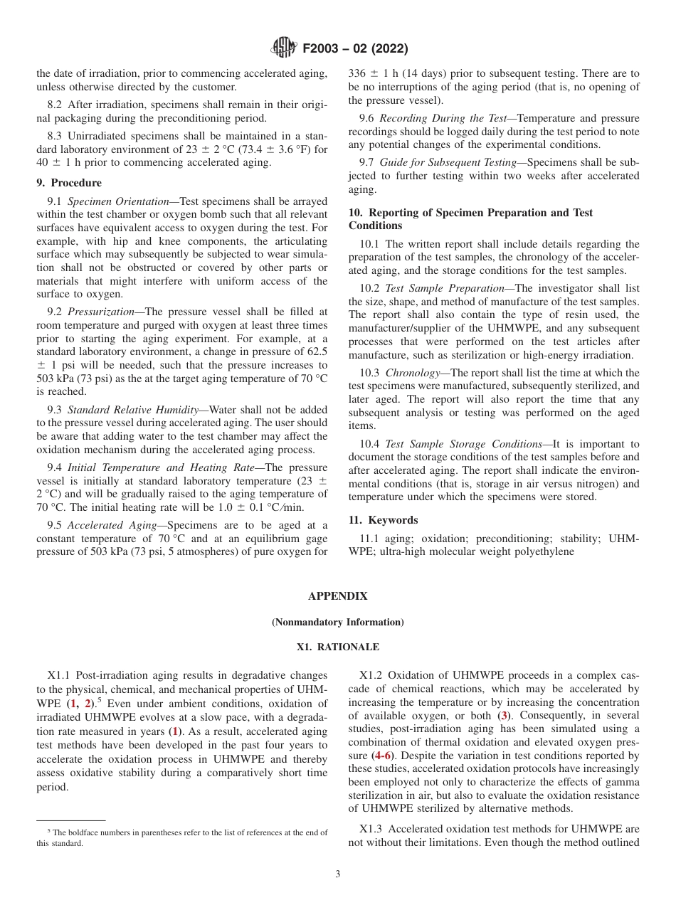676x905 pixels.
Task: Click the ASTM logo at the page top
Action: click(x=284, y=48)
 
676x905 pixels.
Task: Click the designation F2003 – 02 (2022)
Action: click(x=354, y=49)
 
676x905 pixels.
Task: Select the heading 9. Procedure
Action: click(x=69, y=183)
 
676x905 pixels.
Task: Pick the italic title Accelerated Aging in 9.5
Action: click(x=112, y=525)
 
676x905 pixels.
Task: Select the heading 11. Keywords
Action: click(x=383, y=520)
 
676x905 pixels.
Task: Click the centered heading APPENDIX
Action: click(x=337, y=596)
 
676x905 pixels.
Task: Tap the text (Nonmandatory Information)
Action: click(x=337, y=623)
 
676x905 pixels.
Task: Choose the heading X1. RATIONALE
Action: click(x=337, y=647)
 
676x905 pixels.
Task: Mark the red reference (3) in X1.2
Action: click(x=505, y=716)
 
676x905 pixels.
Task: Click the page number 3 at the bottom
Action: click(x=338, y=874)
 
